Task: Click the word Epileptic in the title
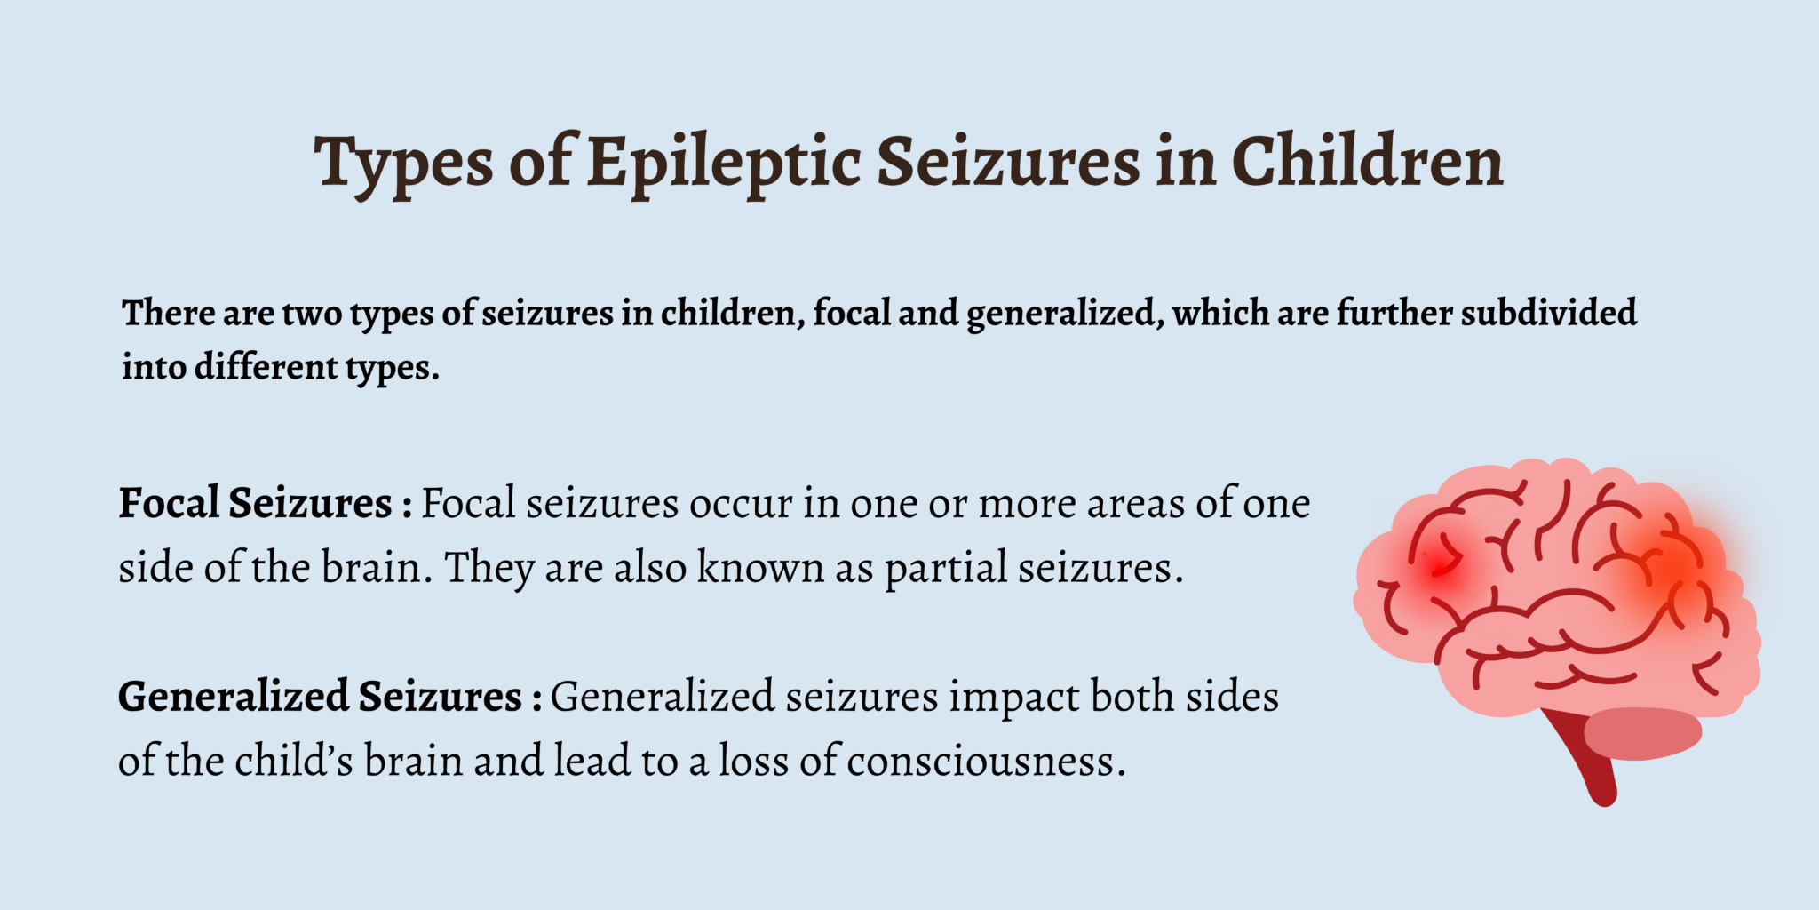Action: pos(723,162)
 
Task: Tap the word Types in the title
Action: pos(403,162)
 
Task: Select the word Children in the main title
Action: pos(1367,162)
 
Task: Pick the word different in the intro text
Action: pos(266,366)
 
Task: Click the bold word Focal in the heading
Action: pos(169,503)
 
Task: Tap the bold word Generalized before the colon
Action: pos(233,696)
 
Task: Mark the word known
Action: pos(760,568)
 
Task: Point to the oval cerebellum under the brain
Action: pos(1643,733)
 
